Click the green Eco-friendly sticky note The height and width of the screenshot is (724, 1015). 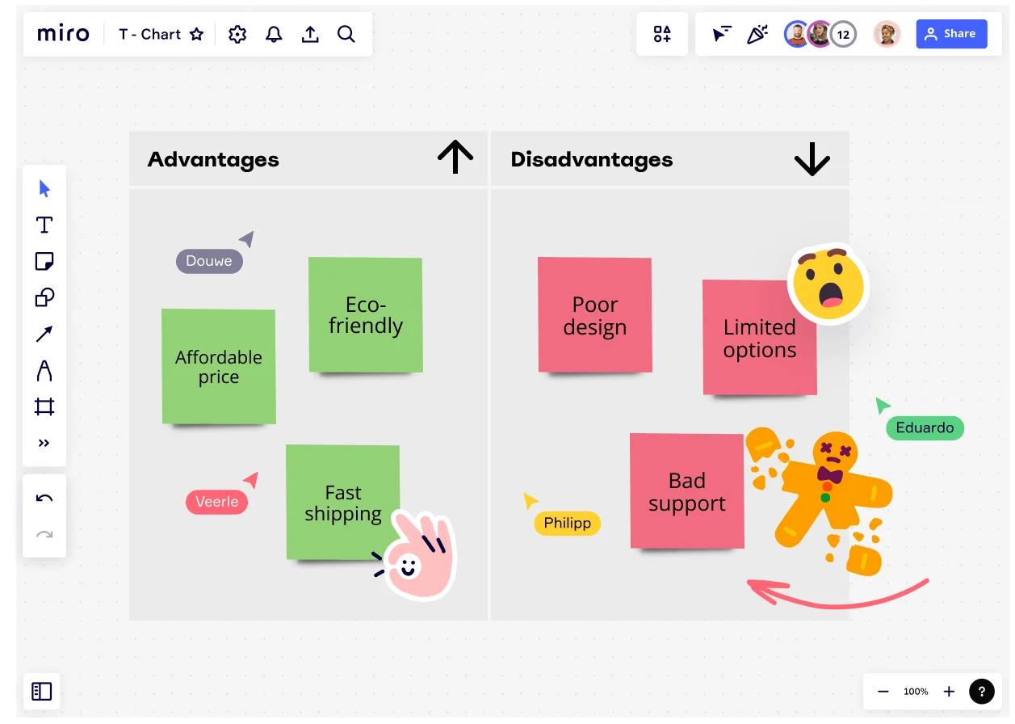click(x=365, y=315)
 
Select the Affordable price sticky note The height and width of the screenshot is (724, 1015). click(x=218, y=366)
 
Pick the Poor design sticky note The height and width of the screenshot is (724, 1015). click(x=594, y=315)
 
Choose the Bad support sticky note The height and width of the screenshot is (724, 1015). click(x=686, y=491)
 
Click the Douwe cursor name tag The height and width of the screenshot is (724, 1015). click(x=209, y=261)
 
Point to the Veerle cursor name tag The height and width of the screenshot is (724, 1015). click(x=216, y=502)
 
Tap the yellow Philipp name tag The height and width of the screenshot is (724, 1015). click(x=567, y=523)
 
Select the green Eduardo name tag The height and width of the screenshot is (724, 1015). click(x=925, y=427)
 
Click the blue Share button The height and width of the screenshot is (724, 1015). click(x=951, y=34)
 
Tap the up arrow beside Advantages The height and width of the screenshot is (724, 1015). click(x=455, y=157)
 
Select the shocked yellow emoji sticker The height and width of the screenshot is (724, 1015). click(x=828, y=284)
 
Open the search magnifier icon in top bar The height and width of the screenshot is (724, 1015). click(x=346, y=34)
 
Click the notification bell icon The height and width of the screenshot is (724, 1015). click(x=274, y=34)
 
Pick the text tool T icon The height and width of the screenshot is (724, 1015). click(x=44, y=225)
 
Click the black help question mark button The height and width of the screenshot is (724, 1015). click(x=981, y=691)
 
